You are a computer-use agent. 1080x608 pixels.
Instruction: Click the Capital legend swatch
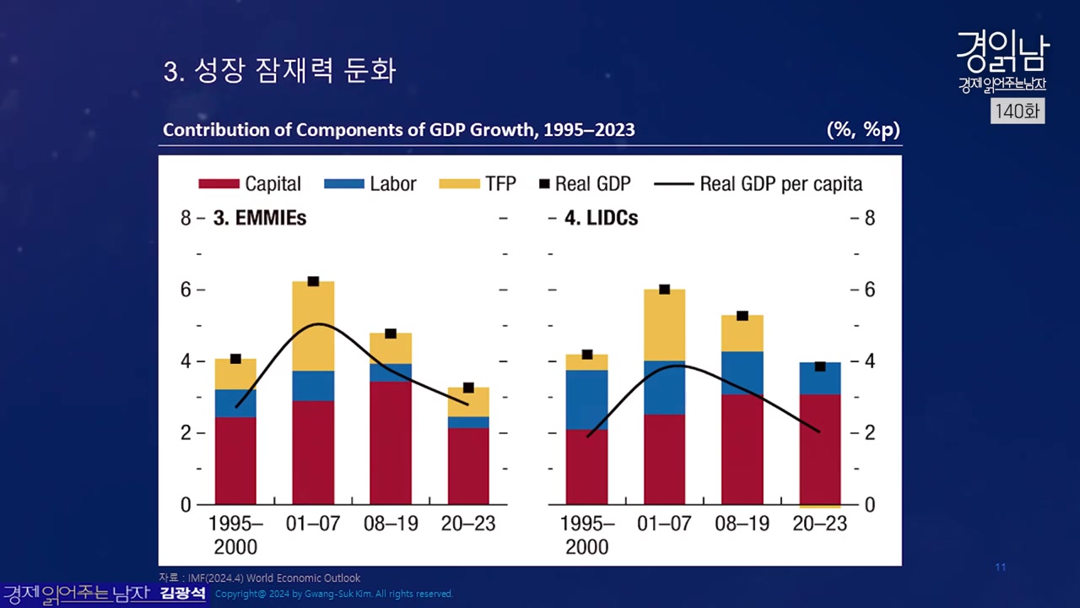click(x=219, y=184)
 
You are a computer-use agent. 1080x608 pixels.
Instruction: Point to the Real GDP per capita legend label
click(x=780, y=184)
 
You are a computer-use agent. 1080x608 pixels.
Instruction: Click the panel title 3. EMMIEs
click(x=259, y=218)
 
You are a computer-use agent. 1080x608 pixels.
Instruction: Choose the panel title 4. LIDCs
click(x=601, y=218)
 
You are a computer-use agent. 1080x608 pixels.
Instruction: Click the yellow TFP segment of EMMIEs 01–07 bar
click(x=313, y=326)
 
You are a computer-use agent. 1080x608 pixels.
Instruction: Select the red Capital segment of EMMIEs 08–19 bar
click(x=391, y=442)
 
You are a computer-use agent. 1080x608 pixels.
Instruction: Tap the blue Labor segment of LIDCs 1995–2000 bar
click(x=586, y=399)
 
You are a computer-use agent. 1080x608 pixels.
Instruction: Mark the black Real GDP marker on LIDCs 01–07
click(x=664, y=289)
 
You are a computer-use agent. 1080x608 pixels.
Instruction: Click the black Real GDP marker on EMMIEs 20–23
click(x=468, y=388)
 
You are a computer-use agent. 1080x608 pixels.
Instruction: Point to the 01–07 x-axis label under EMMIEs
click(x=313, y=524)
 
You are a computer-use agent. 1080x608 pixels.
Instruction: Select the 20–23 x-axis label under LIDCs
click(x=819, y=524)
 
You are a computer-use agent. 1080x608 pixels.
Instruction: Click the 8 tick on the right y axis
click(x=870, y=219)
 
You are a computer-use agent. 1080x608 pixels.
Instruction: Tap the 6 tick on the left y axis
click(x=186, y=290)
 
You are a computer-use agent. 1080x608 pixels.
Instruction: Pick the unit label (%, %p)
click(x=863, y=130)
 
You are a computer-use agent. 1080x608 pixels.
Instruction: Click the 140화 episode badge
click(x=1017, y=111)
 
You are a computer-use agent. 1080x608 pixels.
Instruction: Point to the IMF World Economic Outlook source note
click(x=260, y=578)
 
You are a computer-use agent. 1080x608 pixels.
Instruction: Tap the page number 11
click(x=1001, y=567)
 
